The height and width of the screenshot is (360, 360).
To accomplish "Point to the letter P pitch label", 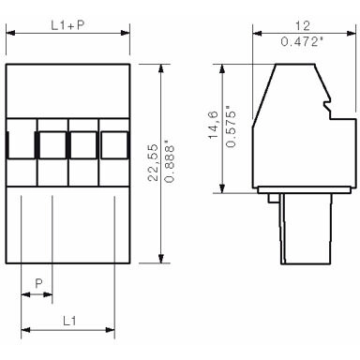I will [37, 281].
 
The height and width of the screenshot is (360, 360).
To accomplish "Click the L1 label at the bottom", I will [67, 319].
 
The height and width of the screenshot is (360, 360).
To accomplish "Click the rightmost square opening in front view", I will [113, 144].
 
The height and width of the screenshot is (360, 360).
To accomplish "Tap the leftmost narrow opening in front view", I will [10, 144].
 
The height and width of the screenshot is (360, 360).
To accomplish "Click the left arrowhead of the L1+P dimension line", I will [9, 34].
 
